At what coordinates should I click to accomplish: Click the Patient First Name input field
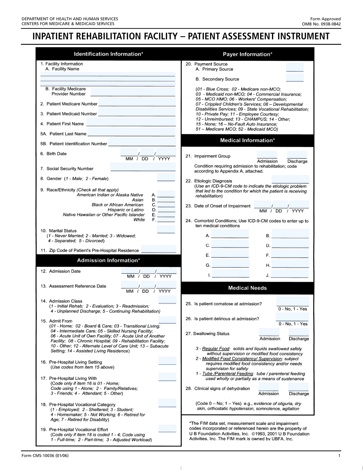131,123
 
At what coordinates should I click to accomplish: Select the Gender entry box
166,178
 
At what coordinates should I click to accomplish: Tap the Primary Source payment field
295,67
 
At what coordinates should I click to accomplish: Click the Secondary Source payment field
295,78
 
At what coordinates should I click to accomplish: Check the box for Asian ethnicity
166,199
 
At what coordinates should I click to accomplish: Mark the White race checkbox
166,219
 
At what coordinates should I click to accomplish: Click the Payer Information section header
247,54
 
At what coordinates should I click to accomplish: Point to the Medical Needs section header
247,288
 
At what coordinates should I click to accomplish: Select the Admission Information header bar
108,260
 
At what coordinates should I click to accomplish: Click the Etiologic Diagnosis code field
290,180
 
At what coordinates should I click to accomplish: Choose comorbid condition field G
231,264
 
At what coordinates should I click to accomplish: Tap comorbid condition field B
290,235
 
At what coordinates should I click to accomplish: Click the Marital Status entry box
166,230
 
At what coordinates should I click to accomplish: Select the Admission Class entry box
167,300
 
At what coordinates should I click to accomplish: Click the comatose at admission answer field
293,302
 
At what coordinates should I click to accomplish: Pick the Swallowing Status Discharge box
299,332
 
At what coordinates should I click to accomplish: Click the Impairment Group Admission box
267,155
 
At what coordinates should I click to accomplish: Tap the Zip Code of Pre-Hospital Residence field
159,249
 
